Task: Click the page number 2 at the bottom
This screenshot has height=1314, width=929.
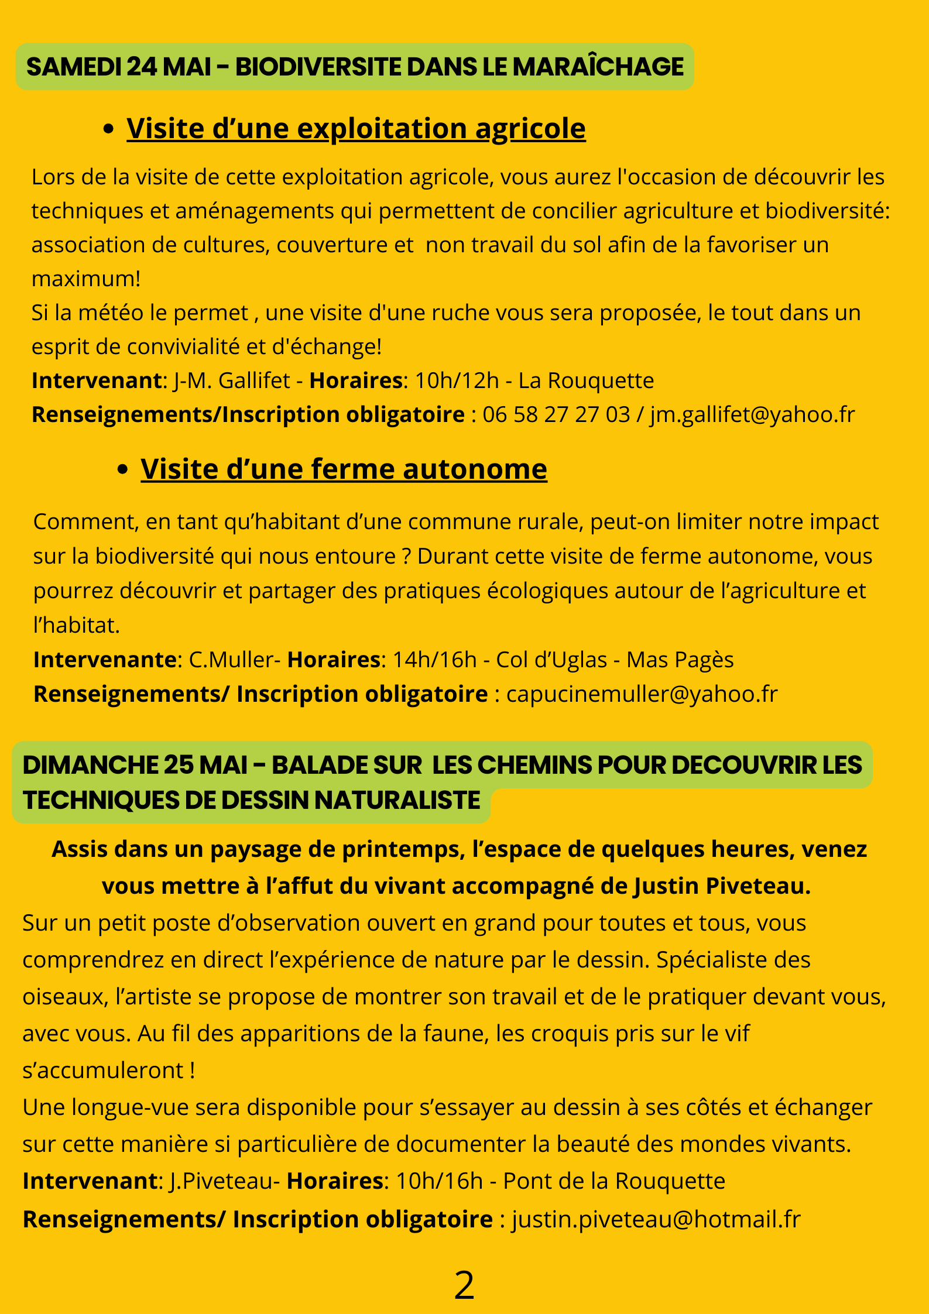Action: [x=464, y=1286]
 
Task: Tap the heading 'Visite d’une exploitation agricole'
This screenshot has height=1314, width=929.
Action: [x=356, y=128]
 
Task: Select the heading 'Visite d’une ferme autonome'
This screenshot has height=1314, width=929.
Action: [x=344, y=469]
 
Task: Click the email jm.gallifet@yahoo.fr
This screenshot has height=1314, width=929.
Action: [x=752, y=414]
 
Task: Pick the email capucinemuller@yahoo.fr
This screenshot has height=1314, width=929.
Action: [x=642, y=694]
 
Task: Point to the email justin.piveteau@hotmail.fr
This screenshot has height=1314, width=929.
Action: [x=656, y=1219]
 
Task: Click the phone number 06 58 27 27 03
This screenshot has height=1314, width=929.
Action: [x=556, y=414]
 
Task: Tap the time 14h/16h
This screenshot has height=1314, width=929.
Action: [x=434, y=660]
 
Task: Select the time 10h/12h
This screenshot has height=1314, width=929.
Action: [x=457, y=380]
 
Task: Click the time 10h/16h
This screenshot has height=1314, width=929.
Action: [x=439, y=1181]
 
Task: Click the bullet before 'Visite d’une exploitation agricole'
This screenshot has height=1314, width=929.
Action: [x=108, y=129]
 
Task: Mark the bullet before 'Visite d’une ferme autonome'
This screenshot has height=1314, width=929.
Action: [x=122, y=470]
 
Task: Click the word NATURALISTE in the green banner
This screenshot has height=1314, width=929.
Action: [x=397, y=800]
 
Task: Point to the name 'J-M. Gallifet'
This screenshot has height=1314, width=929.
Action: [x=232, y=380]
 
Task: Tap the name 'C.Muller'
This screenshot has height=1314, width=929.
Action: [x=223, y=660]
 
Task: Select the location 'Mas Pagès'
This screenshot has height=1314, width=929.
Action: [x=680, y=660]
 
